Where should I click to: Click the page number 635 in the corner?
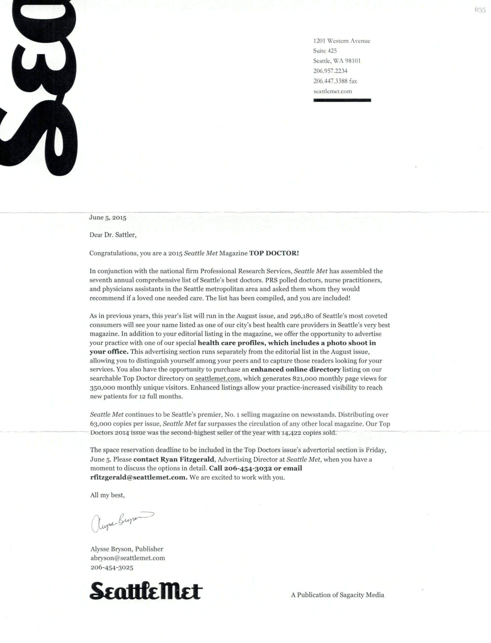tap(480, 10)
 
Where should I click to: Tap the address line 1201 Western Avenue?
tap(341, 41)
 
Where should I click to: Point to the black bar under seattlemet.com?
tap(342, 100)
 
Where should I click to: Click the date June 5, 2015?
tap(108, 218)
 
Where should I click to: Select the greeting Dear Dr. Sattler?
tap(113, 235)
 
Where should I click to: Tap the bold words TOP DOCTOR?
tap(274, 253)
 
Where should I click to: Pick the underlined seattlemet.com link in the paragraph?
tap(217, 379)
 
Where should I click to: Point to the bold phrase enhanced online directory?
tap(296, 369)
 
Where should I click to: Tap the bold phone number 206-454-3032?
tap(248, 468)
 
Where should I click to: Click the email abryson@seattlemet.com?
tap(128, 558)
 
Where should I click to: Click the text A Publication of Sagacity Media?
tap(337, 595)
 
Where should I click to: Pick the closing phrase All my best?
tap(107, 495)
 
